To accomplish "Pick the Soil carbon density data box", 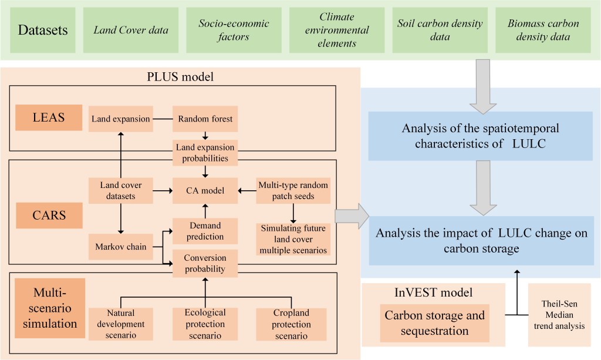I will (x=440, y=30).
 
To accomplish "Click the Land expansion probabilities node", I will (x=205, y=152).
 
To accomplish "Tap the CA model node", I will (x=205, y=190).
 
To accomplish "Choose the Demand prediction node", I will (x=205, y=231).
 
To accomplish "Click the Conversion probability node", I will (x=205, y=263).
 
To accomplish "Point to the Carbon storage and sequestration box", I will (x=435, y=323).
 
